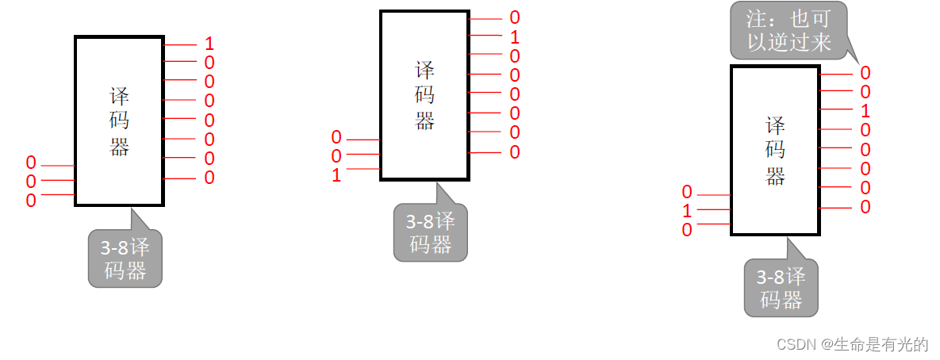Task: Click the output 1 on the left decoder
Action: coord(209,44)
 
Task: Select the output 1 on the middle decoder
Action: coord(515,36)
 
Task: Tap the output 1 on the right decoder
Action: coord(865,111)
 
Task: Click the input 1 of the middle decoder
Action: coord(336,175)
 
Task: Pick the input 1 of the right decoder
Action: coord(687,212)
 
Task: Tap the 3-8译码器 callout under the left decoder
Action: coord(125,259)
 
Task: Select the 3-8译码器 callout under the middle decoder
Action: coord(431,232)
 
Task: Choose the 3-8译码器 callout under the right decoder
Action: coord(781,289)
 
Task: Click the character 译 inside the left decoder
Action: coord(119,98)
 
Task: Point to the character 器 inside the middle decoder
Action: coord(424,121)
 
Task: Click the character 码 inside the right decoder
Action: coord(775,151)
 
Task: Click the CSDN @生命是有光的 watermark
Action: coord(852,344)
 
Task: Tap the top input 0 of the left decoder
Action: coord(31,163)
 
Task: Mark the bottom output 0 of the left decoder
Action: coord(209,178)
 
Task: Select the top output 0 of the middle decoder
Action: coord(515,17)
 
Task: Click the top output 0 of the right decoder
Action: coord(865,73)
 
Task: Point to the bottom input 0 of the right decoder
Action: coord(687,230)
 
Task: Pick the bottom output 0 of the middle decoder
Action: coord(515,152)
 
